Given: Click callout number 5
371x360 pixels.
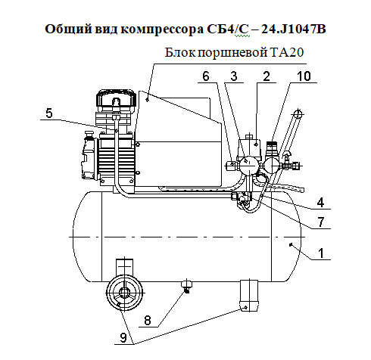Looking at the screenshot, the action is tap(49, 113).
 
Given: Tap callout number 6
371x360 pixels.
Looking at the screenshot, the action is tap(206, 76).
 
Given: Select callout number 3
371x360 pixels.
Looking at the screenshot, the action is tap(234, 76).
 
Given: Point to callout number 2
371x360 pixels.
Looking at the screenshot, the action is tap(267, 76).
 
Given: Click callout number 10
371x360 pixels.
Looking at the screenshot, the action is tap(304, 76).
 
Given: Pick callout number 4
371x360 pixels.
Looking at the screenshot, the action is tap(320, 203).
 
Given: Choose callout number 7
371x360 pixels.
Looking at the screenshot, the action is tap(320, 222).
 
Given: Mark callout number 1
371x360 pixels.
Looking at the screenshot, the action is tap(321, 253).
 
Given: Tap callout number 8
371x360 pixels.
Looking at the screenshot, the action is tap(148, 321).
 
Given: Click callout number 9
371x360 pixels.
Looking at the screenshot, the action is tap(123, 337).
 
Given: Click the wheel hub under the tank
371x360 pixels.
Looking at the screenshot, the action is tap(124, 293).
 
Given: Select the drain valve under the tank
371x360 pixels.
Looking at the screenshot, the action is tap(187, 286).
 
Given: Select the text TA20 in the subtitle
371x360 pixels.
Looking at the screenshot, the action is tap(287, 53).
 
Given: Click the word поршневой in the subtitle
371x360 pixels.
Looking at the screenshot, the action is tap(232, 53).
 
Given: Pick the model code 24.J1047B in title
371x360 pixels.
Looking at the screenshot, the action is tap(294, 29).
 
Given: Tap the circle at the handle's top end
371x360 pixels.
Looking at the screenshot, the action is tap(298, 113).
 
